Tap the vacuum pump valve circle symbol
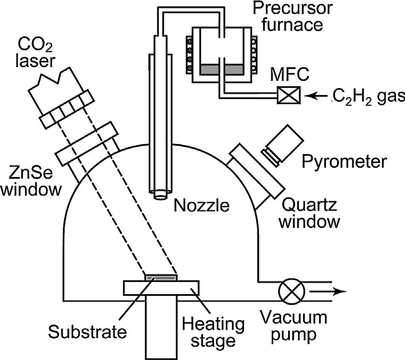(x=288, y=292)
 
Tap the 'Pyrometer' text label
(x=351, y=161)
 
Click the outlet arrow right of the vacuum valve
(x=333, y=292)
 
